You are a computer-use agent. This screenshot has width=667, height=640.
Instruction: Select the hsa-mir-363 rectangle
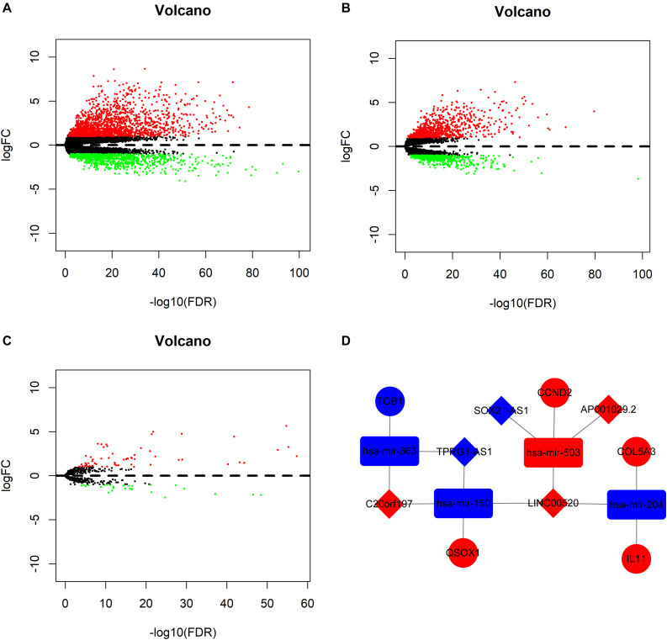tap(389, 452)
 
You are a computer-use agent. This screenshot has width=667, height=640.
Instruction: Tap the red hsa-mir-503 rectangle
tap(553, 452)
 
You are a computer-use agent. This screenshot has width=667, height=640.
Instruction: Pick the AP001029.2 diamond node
tap(609, 410)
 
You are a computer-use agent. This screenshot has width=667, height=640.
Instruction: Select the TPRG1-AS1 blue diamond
tap(463, 452)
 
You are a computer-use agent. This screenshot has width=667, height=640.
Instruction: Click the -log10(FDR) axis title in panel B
tap(523, 298)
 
